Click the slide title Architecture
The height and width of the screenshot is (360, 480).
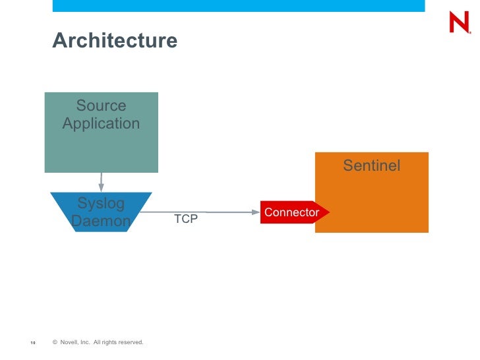[115, 41]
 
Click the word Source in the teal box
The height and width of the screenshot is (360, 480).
[101, 105]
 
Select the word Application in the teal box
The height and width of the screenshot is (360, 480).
[101, 123]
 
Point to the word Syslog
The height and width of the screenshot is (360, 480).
[101, 202]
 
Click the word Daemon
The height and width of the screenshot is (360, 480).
[101, 221]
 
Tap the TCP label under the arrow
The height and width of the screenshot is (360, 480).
[185, 219]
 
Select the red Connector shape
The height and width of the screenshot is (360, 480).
[291, 212]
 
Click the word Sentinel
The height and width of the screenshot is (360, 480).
[371, 165]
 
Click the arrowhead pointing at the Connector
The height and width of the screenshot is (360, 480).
[256, 212]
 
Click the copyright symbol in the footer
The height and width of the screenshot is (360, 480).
[55, 342]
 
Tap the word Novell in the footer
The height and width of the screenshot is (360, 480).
[69, 342]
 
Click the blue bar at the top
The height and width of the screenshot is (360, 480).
[238, 5]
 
